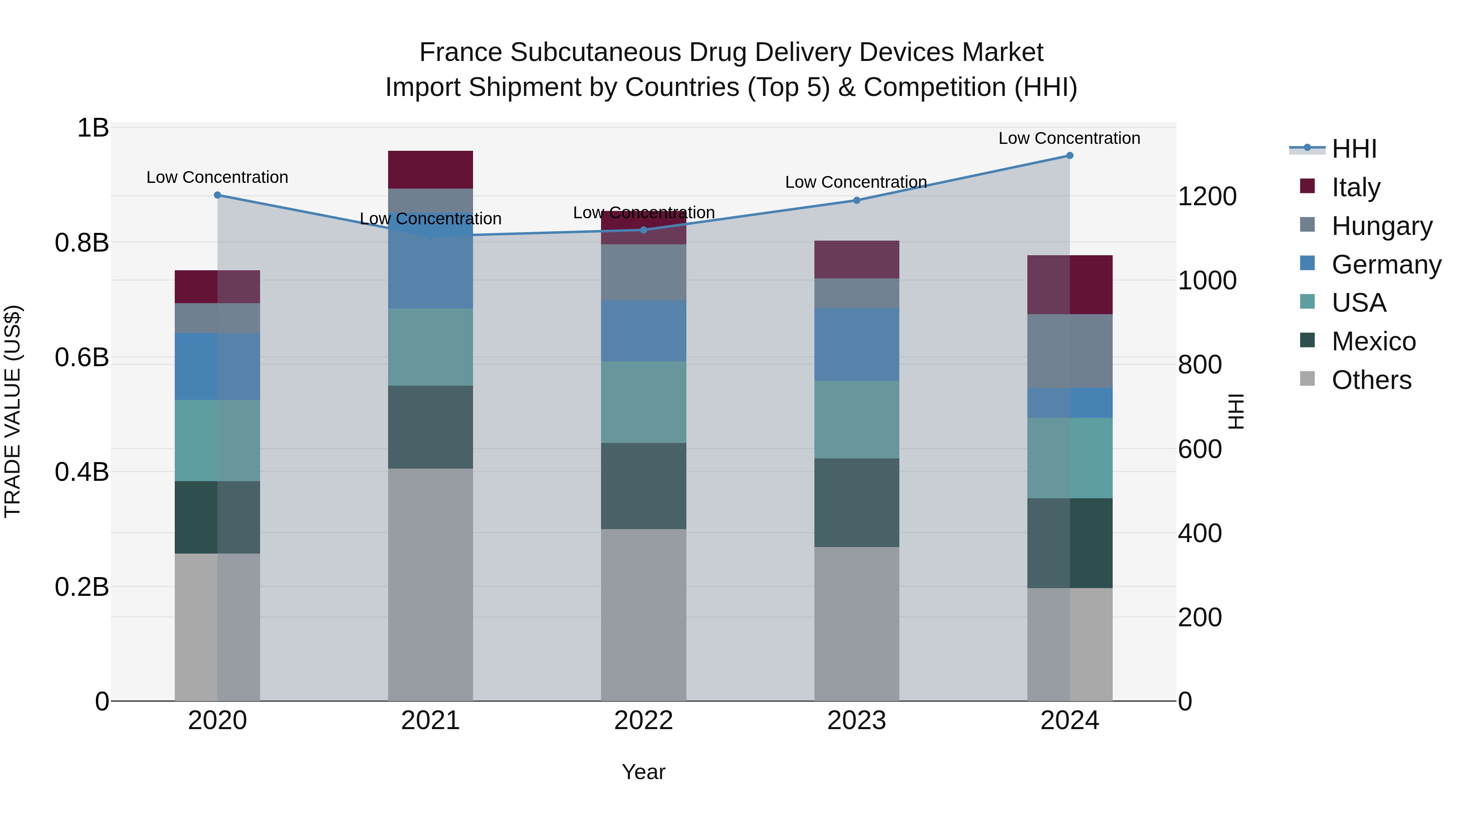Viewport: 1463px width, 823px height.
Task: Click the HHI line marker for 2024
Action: pos(1070,156)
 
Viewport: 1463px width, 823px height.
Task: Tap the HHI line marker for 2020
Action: pos(217,195)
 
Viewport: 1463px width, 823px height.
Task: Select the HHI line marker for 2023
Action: pos(856,200)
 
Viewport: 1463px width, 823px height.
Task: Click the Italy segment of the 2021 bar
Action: pos(430,169)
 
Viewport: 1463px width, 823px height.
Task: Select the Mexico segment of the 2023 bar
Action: pos(856,503)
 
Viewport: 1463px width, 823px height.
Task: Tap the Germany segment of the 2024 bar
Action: pos(1070,403)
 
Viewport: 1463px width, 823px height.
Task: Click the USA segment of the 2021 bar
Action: pos(430,347)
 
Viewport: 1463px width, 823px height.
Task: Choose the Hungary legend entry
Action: pos(1381,226)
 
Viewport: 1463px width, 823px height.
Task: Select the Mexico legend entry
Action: pos(1373,341)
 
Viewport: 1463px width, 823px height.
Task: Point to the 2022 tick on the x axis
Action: pos(643,721)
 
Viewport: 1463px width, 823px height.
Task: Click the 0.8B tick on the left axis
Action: pos(82,243)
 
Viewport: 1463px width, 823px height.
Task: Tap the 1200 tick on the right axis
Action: pos(1207,197)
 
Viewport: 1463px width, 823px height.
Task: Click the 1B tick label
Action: pos(93,128)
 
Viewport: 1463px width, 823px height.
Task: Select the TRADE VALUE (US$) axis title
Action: pos(13,411)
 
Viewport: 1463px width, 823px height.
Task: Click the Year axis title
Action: pos(643,772)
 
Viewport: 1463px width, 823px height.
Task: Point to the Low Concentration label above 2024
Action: pos(1069,138)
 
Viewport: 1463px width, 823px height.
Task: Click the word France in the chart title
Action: pos(460,52)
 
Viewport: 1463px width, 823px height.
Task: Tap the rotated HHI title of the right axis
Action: pos(1236,411)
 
